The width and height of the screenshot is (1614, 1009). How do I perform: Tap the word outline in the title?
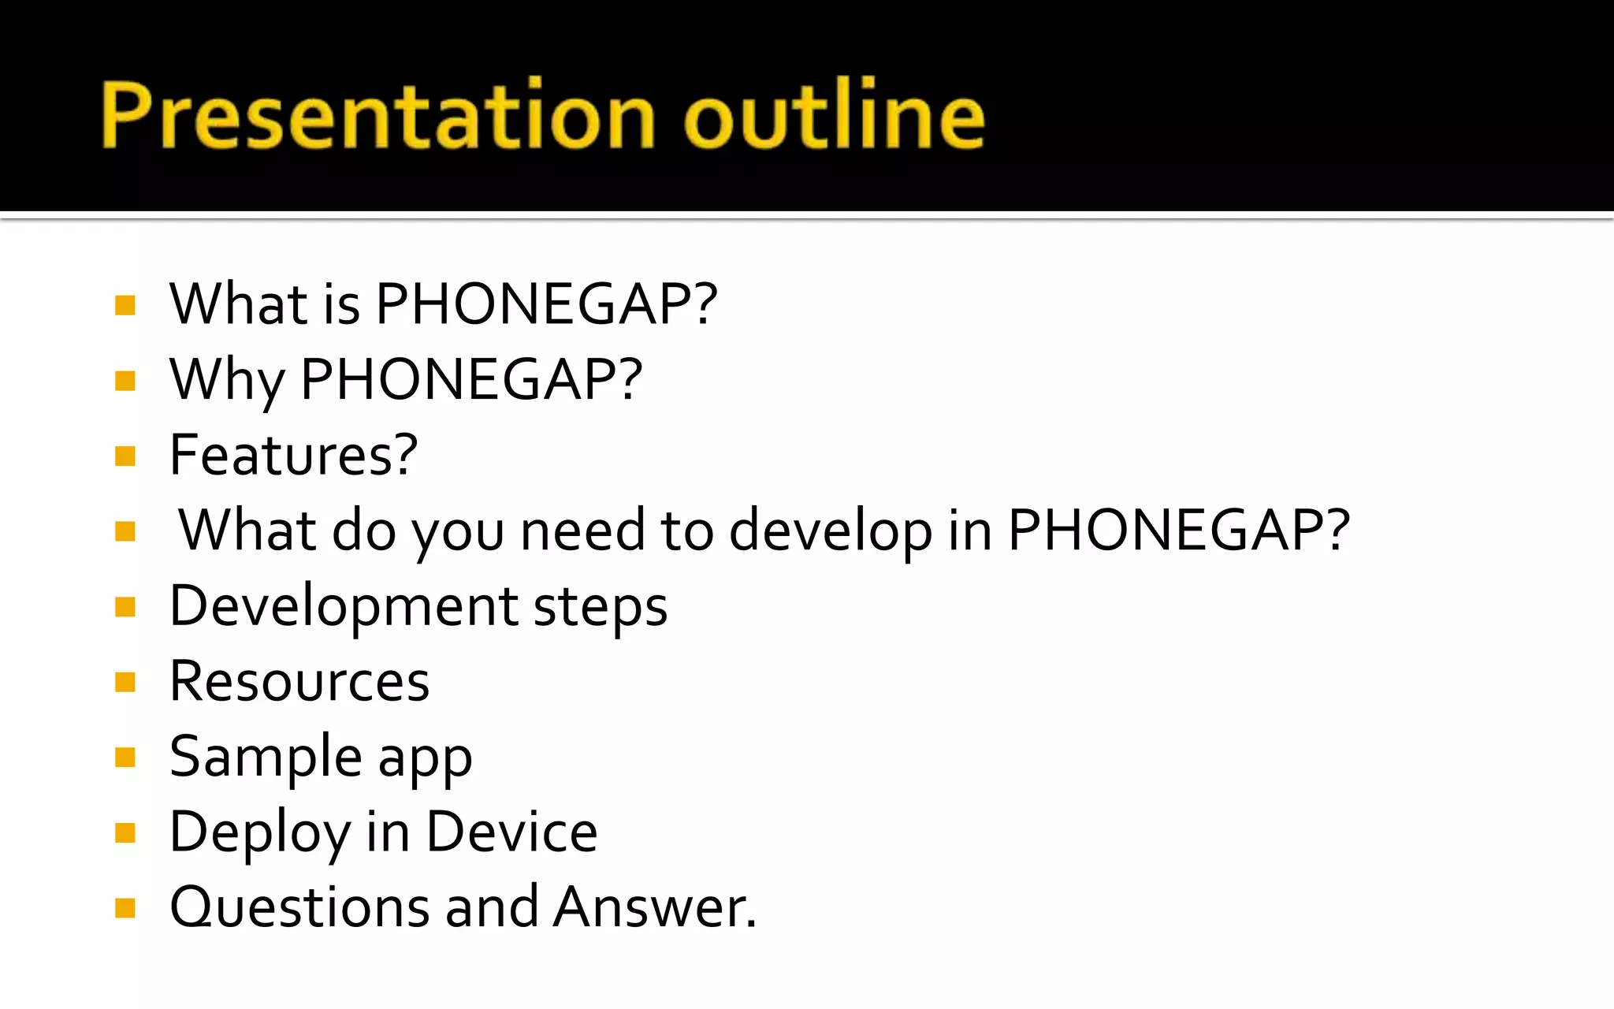coord(834,116)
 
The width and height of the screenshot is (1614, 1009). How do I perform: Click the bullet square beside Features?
coord(125,456)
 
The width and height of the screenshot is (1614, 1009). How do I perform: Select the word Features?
coord(293,455)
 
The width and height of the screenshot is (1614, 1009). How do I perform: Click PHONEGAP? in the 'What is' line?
coord(546,304)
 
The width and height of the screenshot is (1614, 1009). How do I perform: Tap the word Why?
coord(227,380)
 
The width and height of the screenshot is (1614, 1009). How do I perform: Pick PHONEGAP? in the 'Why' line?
coord(471,380)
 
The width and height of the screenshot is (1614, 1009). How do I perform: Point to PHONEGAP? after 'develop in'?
coord(1179,531)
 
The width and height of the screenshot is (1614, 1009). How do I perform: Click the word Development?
coord(344,606)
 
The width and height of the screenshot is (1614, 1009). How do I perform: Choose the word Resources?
coord(299,681)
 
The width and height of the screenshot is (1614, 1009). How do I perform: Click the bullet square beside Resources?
coord(125,682)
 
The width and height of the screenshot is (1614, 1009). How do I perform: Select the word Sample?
coord(266,757)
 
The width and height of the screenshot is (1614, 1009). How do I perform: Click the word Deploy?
coord(259,832)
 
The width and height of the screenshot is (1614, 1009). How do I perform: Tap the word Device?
coord(511,832)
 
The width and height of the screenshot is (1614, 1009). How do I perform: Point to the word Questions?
coord(299,907)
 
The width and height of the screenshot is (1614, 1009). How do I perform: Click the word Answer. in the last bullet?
coord(654,907)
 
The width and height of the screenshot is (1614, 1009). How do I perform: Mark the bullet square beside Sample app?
coord(125,758)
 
